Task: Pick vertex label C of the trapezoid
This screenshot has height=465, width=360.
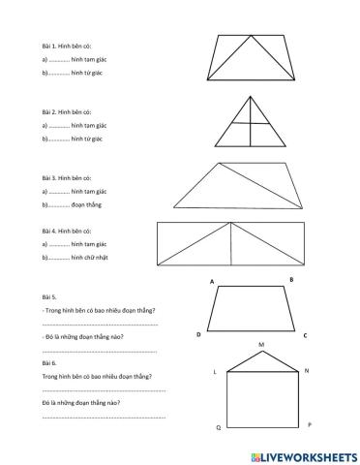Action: [305, 335]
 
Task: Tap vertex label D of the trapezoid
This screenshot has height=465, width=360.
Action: [198, 334]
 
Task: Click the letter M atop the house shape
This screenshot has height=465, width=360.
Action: [260, 344]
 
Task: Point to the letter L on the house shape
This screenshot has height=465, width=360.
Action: [215, 372]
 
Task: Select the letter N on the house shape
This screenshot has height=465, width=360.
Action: [307, 371]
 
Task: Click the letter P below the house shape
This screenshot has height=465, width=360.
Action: [309, 424]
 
